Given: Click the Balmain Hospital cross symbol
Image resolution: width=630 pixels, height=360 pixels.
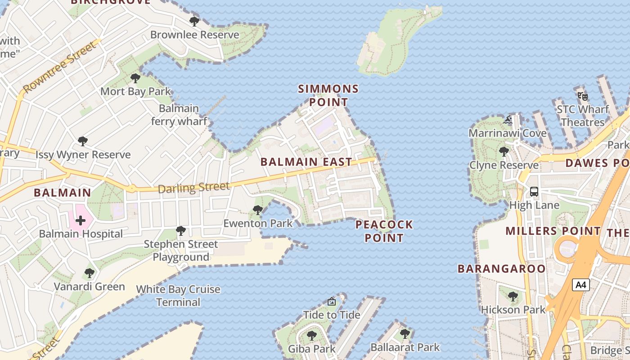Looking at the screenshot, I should [x=81, y=220].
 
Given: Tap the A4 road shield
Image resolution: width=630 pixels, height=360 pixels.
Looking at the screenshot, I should [x=581, y=285].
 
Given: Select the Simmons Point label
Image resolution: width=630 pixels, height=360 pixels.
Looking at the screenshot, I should [x=328, y=95].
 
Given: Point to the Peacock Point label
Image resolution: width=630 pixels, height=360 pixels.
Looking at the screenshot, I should [x=384, y=231].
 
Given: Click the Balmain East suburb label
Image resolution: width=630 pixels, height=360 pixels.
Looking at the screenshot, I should [x=306, y=162].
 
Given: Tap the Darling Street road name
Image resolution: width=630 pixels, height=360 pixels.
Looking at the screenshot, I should [x=193, y=187].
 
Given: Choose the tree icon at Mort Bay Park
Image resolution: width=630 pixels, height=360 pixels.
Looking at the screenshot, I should [x=135, y=79].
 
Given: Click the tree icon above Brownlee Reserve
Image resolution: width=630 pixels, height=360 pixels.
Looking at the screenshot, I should [x=194, y=21].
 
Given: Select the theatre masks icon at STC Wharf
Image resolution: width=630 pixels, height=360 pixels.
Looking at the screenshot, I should [x=583, y=95].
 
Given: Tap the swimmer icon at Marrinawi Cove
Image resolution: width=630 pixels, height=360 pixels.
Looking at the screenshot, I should [x=508, y=120].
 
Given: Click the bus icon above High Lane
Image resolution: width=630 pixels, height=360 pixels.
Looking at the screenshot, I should [x=534, y=192].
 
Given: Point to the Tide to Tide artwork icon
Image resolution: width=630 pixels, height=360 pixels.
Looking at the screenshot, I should [x=332, y=301].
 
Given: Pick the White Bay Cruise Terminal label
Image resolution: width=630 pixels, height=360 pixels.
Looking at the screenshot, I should [x=178, y=296].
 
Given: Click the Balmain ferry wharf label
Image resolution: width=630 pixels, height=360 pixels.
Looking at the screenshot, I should [x=179, y=115].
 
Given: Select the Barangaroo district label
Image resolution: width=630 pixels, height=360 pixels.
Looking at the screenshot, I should [x=502, y=269].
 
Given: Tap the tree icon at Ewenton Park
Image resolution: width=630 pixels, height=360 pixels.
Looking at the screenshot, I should [x=258, y=210].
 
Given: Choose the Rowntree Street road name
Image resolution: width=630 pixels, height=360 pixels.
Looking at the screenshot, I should [x=60, y=67].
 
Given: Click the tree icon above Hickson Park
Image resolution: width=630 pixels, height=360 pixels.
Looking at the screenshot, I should [x=513, y=297].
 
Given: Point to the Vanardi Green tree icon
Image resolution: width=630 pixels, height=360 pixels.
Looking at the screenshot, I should [x=90, y=273].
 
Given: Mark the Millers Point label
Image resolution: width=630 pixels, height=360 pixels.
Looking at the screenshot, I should [x=553, y=231].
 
